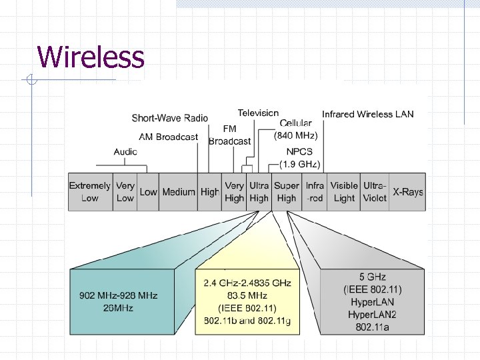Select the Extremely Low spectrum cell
pos(90,192)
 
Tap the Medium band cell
pos(179,192)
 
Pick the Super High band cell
pos(287,192)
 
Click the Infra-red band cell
pos(315,192)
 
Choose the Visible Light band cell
pos(344,192)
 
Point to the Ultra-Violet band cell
pos(374,192)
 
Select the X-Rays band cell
pos(407,192)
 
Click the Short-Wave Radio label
pos(169,118)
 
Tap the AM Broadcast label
pos(168,137)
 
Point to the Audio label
pos(125,152)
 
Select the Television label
pos(258,113)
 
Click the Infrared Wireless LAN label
pos(367,114)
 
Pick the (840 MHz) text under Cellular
pos(296,135)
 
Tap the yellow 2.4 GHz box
pos(247,302)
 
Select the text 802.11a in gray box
pos(373,327)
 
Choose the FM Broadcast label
pos(229,135)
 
